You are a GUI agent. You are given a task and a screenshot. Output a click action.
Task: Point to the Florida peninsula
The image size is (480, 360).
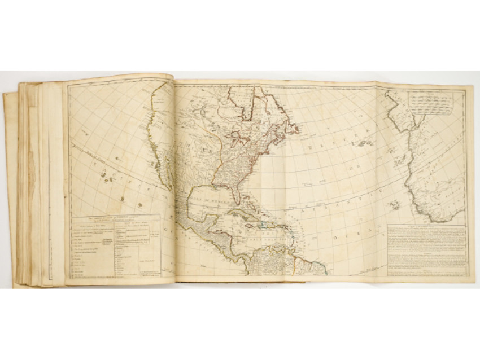(244, 195)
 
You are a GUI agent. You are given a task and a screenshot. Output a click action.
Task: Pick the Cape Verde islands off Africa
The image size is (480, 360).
(395, 204)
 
